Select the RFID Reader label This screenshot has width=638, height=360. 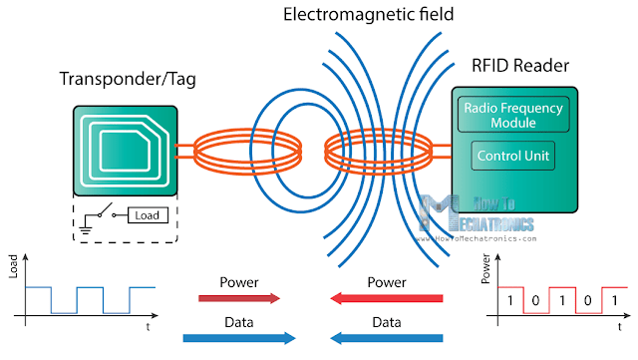(520, 68)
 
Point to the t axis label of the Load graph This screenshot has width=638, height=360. (148, 326)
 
